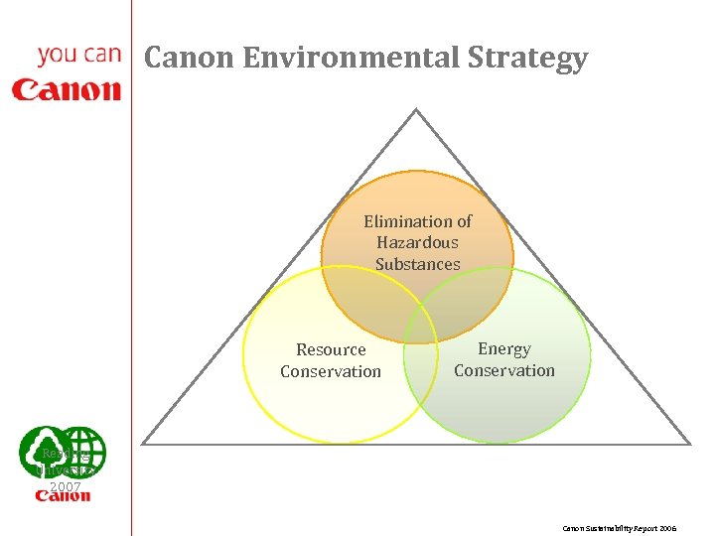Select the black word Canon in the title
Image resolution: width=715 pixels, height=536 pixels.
click(x=189, y=59)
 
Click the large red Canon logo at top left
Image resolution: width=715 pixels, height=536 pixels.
click(x=67, y=90)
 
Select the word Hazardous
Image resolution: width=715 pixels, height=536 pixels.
click(x=417, y=242)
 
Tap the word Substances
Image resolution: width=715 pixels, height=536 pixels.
click(x=417, y=264)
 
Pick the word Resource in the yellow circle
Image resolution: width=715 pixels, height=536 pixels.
click(x=331, y=349)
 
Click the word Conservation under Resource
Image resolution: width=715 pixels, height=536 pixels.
click(x=331, y=371)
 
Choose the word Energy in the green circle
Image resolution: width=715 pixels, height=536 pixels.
click(x=504, y=348)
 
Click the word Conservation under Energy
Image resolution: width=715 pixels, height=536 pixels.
click(x=504, y=370)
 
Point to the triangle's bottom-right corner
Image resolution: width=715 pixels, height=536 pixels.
click(x=689, y=444)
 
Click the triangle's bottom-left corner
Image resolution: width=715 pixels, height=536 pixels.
click(x=143, y=444)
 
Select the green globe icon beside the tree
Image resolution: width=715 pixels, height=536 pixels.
click(x=83, y=452)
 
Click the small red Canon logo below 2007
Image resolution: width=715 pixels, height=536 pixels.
click(x=64, y=496)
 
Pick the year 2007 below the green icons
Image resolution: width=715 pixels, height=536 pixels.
click(x=65, y=486)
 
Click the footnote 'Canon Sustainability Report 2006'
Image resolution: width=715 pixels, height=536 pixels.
click(x=620, y=528)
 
